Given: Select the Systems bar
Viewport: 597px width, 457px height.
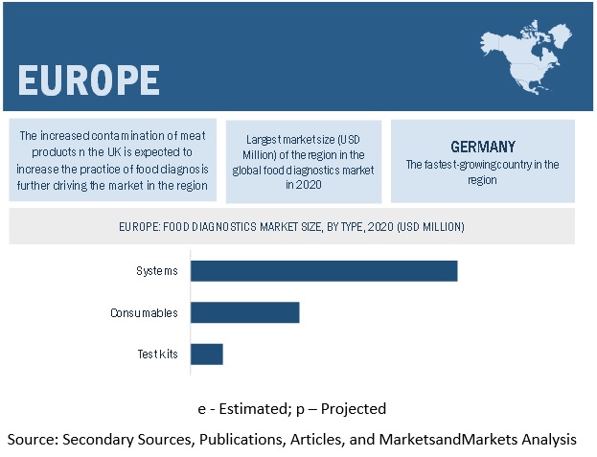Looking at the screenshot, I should tap(324, 270).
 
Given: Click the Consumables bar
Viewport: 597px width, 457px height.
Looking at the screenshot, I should tap(245, 312).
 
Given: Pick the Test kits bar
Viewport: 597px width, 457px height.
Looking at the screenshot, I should tap(207, 354).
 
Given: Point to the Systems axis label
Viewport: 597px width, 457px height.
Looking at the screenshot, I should tap(157, 270).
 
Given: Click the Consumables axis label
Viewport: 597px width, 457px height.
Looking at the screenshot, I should tap(144, 312).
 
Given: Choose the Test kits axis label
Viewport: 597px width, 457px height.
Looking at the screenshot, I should tap(157, 354).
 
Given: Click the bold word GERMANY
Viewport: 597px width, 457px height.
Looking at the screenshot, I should tap(483, 147).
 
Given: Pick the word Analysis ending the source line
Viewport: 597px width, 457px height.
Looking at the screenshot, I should tap(547, 439).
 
